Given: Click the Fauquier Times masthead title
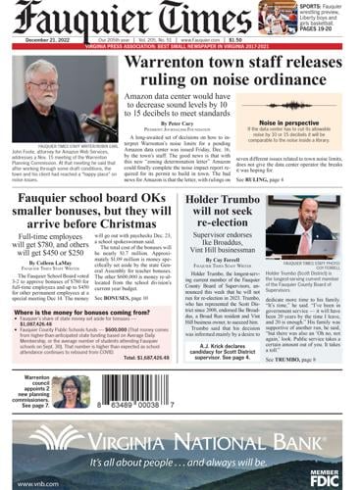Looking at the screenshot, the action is point(132,20).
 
